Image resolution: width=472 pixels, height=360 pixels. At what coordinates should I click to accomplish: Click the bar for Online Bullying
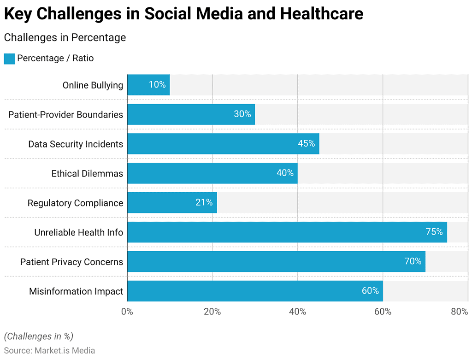pyautogui.click(x=148, y=85)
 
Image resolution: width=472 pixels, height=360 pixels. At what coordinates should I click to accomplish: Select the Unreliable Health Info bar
pyautogui.click(x=287, y=232)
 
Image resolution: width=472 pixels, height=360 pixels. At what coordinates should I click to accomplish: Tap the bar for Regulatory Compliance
pyautogui.click(x=171, y=202)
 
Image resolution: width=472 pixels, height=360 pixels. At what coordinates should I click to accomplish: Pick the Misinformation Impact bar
pyautogui.click(x=254, y=291)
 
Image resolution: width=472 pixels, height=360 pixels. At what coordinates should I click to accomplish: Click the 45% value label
pyautogui.click(x=306, y=143)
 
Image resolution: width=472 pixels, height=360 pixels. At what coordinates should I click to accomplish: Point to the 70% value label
pyautogui.click(x=413, y=261)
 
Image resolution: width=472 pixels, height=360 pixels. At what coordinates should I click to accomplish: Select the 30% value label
pyautogui.click(x=242, y=114)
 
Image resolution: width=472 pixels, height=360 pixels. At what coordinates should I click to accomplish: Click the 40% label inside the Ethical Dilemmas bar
pyautogui.click(x=285, y=173)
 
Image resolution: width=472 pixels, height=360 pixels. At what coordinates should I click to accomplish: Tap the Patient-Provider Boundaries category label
pyautogui.click(x=65, y=114)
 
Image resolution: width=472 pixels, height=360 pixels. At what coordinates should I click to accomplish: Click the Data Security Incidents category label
pyautogui.click(x=76, y=144)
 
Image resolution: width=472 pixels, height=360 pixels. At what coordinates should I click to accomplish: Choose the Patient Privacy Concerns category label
pyautogui.click(x=71, y=262)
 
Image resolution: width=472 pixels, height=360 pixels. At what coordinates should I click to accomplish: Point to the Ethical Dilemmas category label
pyautogui.click(x=87, y=173)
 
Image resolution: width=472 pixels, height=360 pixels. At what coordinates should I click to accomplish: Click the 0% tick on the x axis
pyautogui.click(x=127, y=312)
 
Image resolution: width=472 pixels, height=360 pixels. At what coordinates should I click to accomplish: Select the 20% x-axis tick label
pyautogui.click(x=212, y=312)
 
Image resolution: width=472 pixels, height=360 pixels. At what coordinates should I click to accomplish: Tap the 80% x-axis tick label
pyautogui.click(x=459, y=312)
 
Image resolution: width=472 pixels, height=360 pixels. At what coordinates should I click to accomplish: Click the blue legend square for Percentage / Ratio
pyautogui.click(x=9, y=59)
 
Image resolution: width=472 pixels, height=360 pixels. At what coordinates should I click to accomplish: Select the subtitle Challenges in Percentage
pyautogui.click(x=65, y=37)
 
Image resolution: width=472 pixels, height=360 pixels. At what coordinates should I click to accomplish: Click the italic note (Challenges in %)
pyautogui.click(x=38, y=336)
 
